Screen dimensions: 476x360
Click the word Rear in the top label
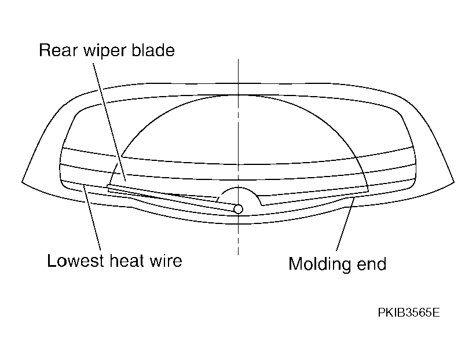pos(58,50)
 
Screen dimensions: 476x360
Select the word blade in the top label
pos(153,50)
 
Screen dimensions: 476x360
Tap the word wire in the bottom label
pos(166,261)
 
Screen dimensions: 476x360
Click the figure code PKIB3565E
pos(409,313)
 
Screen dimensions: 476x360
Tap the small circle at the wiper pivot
pos(239,209)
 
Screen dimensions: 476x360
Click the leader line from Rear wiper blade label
pos(109,122)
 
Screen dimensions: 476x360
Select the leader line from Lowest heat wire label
pos(92,218)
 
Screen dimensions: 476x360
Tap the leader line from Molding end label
pos(346,224)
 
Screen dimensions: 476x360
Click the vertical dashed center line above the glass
pos(239,71)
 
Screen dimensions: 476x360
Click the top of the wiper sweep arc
pos(239,95)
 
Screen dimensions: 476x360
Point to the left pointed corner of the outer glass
pos(22,182)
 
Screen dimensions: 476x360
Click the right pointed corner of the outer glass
pos(455,182)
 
